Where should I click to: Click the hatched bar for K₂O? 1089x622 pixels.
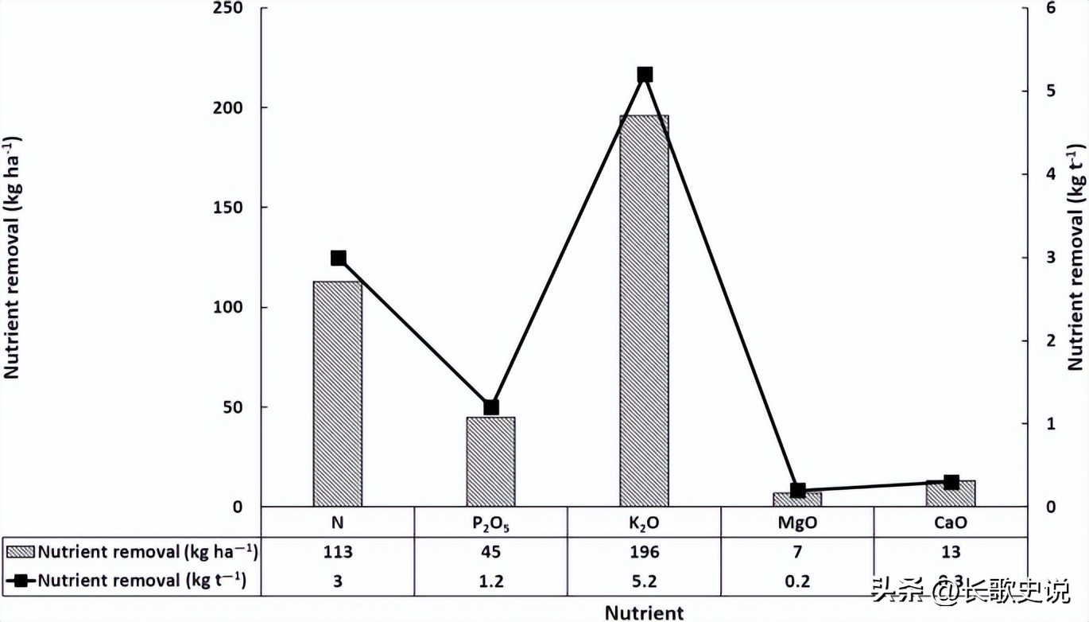(x=644, y=310)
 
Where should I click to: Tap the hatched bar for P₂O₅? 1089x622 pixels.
(x=490, y=461)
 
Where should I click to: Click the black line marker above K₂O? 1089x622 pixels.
(x=645, y=75)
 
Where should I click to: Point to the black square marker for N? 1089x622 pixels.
(x=338, y=258)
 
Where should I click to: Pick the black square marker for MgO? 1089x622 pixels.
(x=798, y=491)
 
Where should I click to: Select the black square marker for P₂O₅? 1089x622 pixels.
(x=491, y=407)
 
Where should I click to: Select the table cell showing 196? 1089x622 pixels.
(x=644, y=552)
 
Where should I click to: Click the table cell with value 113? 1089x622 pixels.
(x=338, y=552)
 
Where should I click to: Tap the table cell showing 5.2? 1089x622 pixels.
(x=644, y=581)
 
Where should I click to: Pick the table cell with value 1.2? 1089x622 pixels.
(x=491, y=581)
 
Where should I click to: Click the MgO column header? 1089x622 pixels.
(x=797, y=523)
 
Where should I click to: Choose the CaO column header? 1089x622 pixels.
(x=951, y=523)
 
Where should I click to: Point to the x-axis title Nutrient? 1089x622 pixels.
(x=644, y=612)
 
